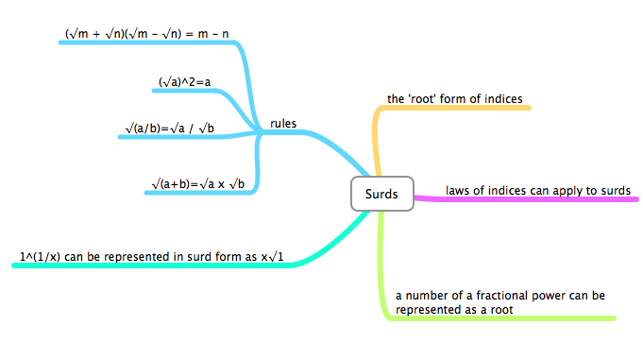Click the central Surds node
tap(381, 195)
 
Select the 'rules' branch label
tap(283, 124)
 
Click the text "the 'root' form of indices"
tap(455, 98)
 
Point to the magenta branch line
tap(529, 199)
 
